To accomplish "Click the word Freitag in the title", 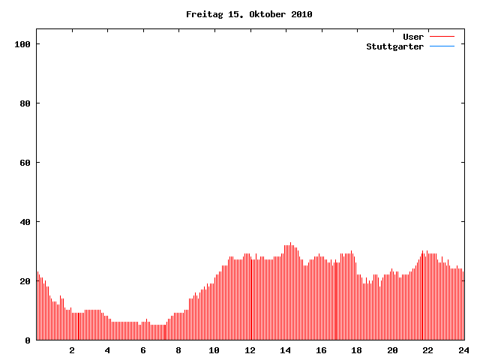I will pos(202,14).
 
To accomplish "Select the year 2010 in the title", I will pos(301,14).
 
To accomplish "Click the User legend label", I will pos(413,37).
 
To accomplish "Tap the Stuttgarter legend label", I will pos(394,46).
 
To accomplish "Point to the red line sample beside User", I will pos(442,37).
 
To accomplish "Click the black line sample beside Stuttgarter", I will pos(442,46).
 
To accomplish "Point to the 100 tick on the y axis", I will pos(22,44).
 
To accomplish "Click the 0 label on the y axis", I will pos(28,340).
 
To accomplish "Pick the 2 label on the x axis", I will pos(72,350).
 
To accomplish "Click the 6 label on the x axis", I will pos(143,350).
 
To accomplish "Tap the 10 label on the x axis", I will pos(214,350).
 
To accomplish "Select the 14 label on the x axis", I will pos(286,350).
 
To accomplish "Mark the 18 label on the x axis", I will pos(357,350).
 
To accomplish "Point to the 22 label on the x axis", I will pos(428,350).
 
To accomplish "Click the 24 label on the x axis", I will pos(463,350).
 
